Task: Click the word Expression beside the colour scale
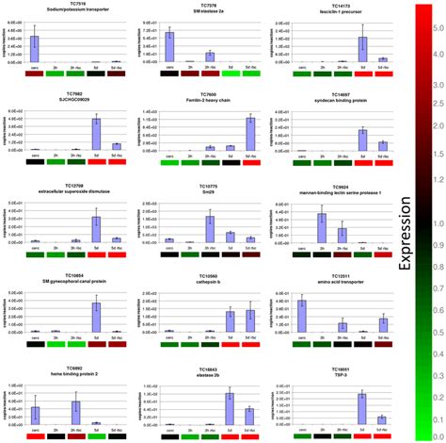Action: tap(428, 222)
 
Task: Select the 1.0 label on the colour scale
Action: tap(428, 222)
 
